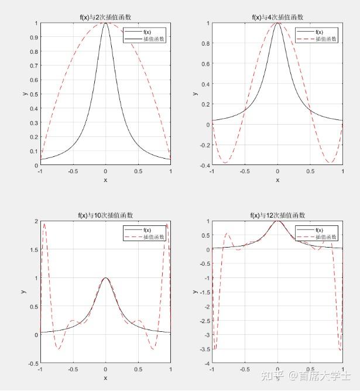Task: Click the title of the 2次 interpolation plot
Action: click(105, 17)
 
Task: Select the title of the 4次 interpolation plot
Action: click(277, 17)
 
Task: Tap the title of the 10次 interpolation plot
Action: click(105, 215)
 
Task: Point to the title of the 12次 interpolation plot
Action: click(277, 215)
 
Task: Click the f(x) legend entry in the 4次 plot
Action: click(320, 32)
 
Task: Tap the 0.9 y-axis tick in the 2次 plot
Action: click(35, 37)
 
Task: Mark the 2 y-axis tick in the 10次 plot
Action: click(36, 221)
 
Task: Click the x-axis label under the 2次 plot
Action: click(105, 180)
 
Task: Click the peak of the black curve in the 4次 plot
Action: click(277, 23)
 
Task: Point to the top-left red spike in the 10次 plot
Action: click(44, 224)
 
